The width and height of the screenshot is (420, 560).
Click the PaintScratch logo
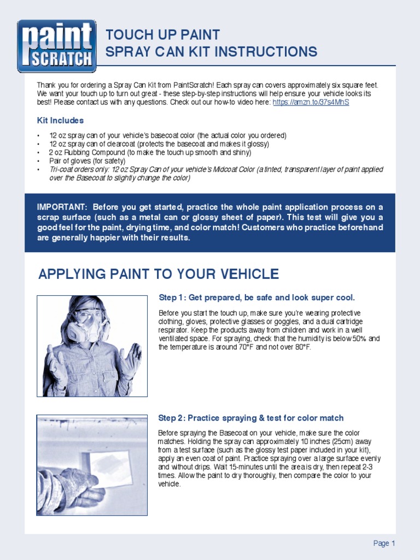coord(56,46)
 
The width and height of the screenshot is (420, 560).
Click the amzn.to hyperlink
coord(310,102)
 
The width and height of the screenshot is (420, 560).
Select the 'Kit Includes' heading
coord(60,120)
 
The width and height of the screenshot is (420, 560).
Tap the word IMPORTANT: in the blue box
coord(62,207)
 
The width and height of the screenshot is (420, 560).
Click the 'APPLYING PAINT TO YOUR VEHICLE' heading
coord(159,274)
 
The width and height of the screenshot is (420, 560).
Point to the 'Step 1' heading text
coord(256,297)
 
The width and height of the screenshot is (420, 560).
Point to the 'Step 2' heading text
coord(250,418)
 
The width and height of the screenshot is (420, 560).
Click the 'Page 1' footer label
coord(384,543)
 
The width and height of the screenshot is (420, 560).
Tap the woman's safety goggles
coord(87,316)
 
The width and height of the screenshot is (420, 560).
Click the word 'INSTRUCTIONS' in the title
coord(269,52)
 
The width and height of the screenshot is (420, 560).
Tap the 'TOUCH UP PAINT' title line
coord(162,35)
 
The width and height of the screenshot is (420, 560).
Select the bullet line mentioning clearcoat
coord(159,144)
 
